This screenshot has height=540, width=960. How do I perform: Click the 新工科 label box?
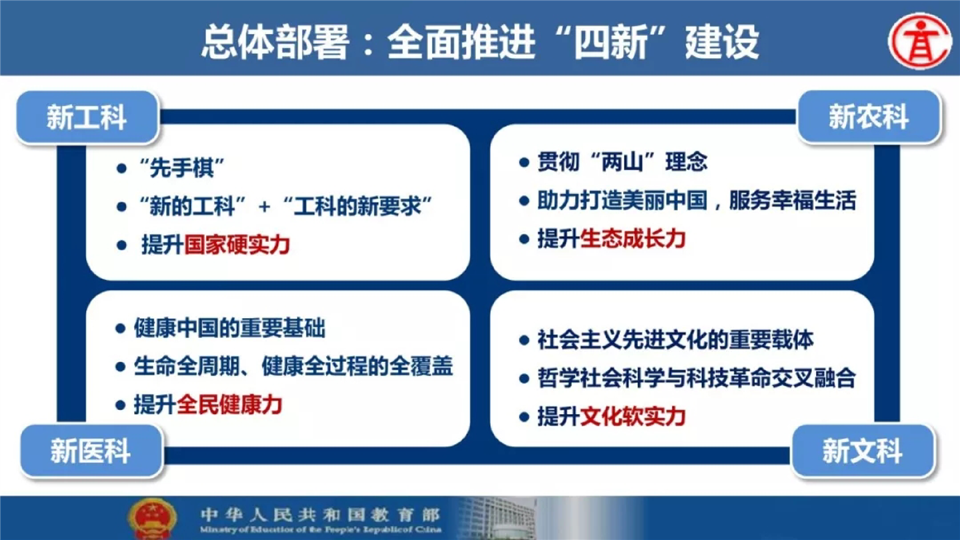pos(87,117)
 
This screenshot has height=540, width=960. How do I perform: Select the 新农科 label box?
pos(869,117)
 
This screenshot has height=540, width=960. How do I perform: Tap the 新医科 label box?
pos(91,451)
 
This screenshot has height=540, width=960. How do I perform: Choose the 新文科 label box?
pos(863,451)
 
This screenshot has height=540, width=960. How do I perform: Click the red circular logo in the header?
pos(920,41)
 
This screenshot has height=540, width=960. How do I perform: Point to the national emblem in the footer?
pos(152,518)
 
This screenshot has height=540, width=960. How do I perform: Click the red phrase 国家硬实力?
pos(237,245)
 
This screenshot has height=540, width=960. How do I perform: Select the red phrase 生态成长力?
pos(632,239)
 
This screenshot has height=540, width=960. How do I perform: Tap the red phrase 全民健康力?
pos(229,405)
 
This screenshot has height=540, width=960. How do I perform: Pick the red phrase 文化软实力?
pos(632,416)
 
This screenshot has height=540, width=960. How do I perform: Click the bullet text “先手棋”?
pos(181,167)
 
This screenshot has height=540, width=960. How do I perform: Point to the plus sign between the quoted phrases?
pos(264,207)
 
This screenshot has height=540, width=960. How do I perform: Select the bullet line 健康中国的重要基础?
pos(229,329)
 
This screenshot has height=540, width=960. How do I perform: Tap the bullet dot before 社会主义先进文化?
pos(524,341)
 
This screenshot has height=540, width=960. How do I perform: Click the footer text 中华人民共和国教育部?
pos(320,514)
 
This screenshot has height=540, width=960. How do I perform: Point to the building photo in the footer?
pos(497,518)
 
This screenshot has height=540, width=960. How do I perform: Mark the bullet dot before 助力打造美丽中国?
pos(524,201)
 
